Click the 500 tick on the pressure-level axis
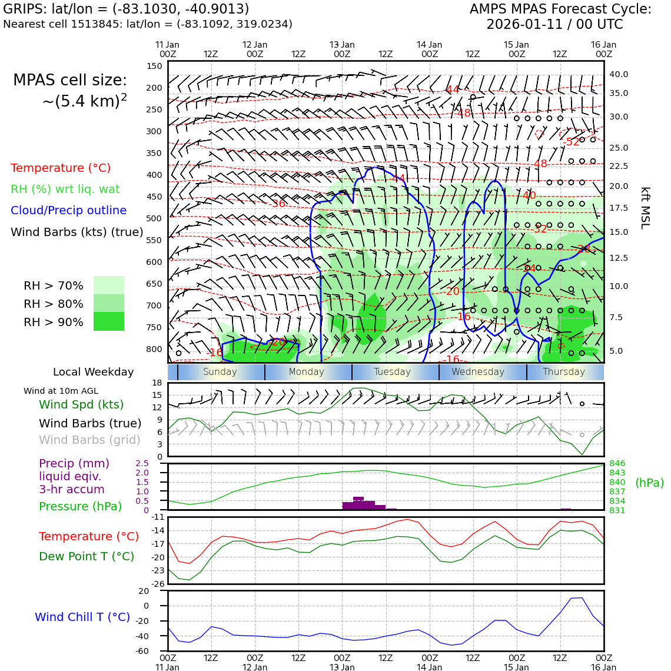tap(154, 218)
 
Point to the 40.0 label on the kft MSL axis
tap(619, 75)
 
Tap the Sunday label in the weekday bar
tap(220, 372)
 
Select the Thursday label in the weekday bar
tap(564, 372)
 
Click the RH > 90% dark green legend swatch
tap(109, 321)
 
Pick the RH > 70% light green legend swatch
tap(109, 285)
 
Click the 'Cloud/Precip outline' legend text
tap(69, 211)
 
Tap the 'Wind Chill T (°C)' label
tap(82, 617)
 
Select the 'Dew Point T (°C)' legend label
tap(87, 556)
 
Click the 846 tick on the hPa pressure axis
tap(617, 464)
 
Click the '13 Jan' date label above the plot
tap(342, 45)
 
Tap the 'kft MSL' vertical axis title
tap(645, 208)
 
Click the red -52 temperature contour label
tap(571, 142)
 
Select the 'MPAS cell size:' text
tap(70, 81)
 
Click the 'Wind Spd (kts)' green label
tap(81, 405)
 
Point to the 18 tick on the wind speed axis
tap(157, 383)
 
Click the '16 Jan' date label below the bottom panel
tap(603, 667)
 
